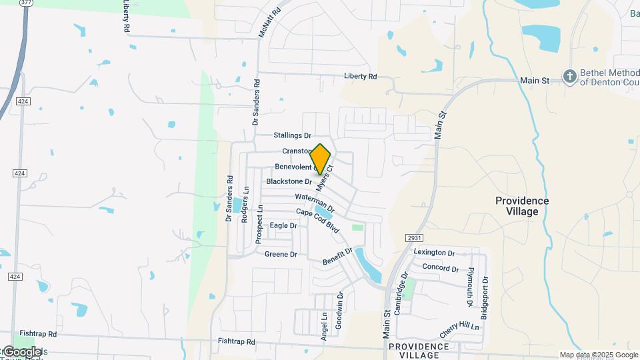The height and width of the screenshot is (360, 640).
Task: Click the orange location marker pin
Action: [321, 159]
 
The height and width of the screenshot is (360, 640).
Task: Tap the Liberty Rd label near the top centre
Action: [360, 77]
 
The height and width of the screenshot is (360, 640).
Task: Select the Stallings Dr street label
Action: [293, 135]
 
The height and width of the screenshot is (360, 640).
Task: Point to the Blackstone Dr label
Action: [289, 181]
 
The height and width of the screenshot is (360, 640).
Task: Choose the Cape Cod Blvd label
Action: [318, 220]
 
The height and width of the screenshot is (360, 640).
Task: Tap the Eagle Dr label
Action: [283, 226]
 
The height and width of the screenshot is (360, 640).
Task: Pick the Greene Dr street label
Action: [281, 255]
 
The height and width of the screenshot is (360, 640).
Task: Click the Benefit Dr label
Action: [337, 255]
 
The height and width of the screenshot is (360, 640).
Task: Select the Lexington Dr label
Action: [434, 253]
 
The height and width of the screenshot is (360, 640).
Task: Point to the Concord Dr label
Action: [441, 268]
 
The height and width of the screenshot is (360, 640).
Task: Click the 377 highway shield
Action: [26, 3]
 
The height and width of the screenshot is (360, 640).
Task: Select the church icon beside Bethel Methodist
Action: [569, 77]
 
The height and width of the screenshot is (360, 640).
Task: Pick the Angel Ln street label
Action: [325, 327]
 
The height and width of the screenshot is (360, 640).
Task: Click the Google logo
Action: [21, 351]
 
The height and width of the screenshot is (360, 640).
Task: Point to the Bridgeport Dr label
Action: [485, 298]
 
